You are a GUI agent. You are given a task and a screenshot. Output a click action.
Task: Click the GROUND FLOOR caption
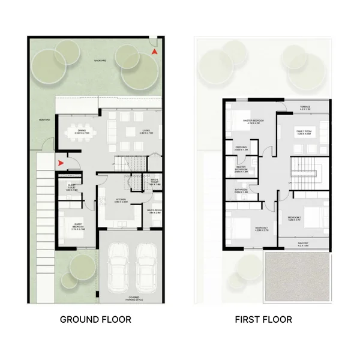(95, 319)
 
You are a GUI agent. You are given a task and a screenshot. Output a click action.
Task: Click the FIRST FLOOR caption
(263, 319)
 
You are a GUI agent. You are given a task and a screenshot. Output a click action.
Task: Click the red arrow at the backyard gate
(155, 53)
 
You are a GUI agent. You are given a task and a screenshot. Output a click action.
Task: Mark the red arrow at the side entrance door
(60, 162)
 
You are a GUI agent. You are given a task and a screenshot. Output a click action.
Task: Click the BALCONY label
(304, 244)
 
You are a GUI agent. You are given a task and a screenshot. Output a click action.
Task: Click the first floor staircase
(303, 170)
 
